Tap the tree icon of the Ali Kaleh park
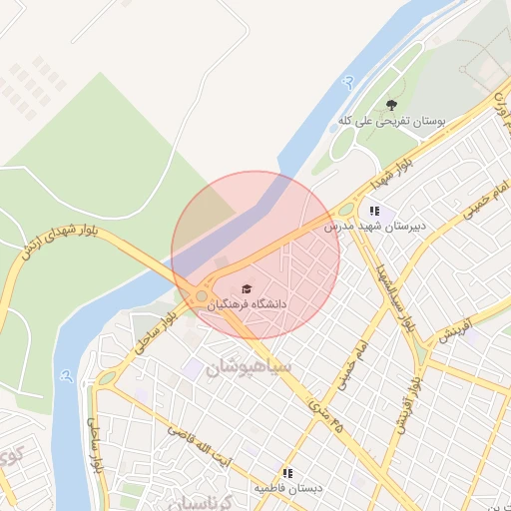tap(391, 105)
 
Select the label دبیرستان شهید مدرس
tap(375, 227)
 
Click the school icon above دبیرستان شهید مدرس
tap(374, 211)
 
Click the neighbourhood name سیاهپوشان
tap(250, 367)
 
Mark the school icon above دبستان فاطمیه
tap(287, 473)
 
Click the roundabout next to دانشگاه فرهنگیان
tap(202, 295)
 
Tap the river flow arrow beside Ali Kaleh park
tap(348, 82)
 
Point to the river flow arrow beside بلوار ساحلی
tap(66, 376)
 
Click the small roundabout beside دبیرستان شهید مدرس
tap(345, 211)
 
